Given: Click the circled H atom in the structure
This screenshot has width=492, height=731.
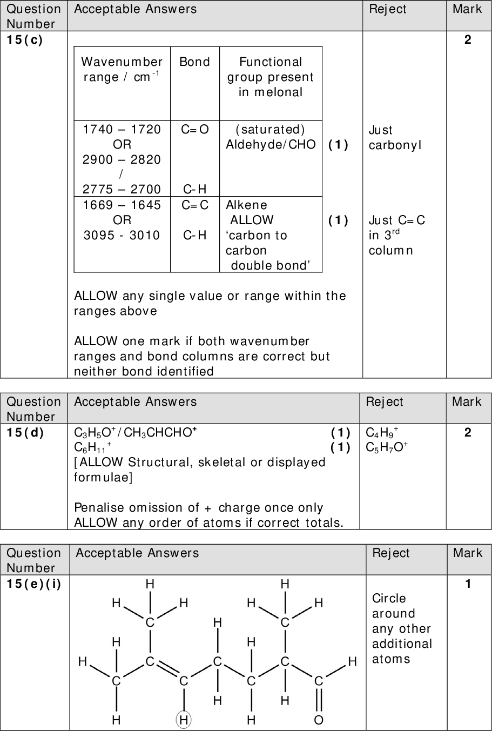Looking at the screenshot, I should [x=184, y=720].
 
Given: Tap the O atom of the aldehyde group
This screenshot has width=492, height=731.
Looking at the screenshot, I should [x=319, y=720].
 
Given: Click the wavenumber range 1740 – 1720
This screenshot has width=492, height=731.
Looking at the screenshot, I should [x=122, y=129].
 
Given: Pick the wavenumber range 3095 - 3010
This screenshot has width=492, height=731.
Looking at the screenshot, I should [x=122, y=235].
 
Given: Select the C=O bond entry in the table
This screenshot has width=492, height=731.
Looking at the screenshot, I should [x=195, y=129].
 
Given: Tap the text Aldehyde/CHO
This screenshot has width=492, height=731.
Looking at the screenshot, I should [x=271, y=144].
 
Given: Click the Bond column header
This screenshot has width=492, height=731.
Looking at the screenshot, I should [x=194, y=62].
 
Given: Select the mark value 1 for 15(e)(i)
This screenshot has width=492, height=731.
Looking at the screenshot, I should [x=468, y=584].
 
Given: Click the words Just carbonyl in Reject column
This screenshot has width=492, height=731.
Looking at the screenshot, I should [x=394, y=137].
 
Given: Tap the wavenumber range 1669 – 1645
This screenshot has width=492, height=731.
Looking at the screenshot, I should [x=122, y=205].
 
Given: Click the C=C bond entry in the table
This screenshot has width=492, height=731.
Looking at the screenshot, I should [x=195, y=205].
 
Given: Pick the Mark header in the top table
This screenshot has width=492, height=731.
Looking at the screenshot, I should [x=468, y=9].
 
